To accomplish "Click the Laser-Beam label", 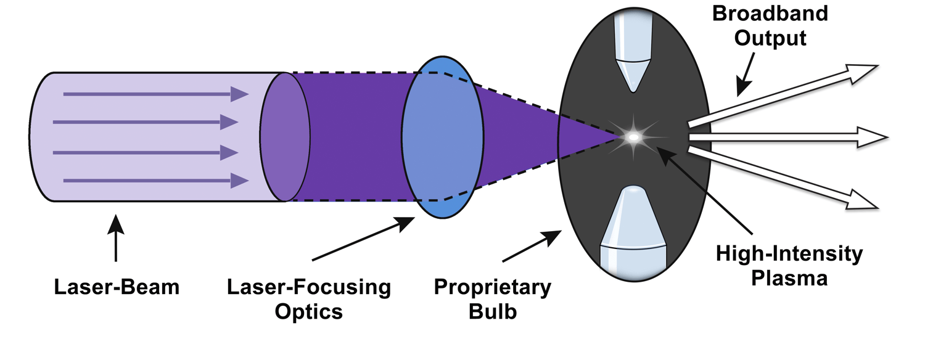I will click(116, 287).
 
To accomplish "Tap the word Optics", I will click(308, 311).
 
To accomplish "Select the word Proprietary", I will click(492, 287).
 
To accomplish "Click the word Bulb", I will click(492, 311).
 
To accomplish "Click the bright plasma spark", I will click(633, 137).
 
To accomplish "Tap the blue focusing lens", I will click(442, 137).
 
